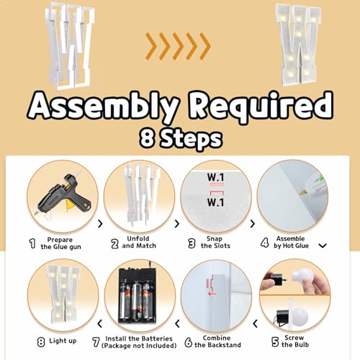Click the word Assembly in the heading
point(104,107)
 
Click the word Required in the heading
point(261,106)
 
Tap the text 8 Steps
point(181,138)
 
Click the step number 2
point(114,243)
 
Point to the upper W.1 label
point(215,177)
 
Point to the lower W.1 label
point(215,202)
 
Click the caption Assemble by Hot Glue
point(291,242)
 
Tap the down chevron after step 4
point(323,246)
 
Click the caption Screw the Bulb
point(295,341)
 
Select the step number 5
point(275,342)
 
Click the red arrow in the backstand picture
point(212,293)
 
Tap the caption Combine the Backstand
point(217,341)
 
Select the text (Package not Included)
point(139,346)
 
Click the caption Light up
point(63,341)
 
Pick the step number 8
point(41,342)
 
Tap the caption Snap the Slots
point(215,242)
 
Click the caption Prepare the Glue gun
point(60,243)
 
